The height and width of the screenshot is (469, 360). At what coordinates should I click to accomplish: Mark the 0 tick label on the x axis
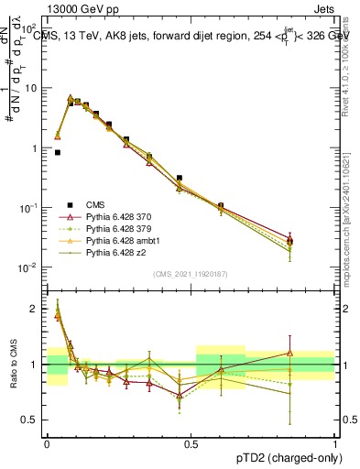[48, 442]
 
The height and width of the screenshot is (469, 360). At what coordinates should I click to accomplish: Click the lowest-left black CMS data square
[57, 153]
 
